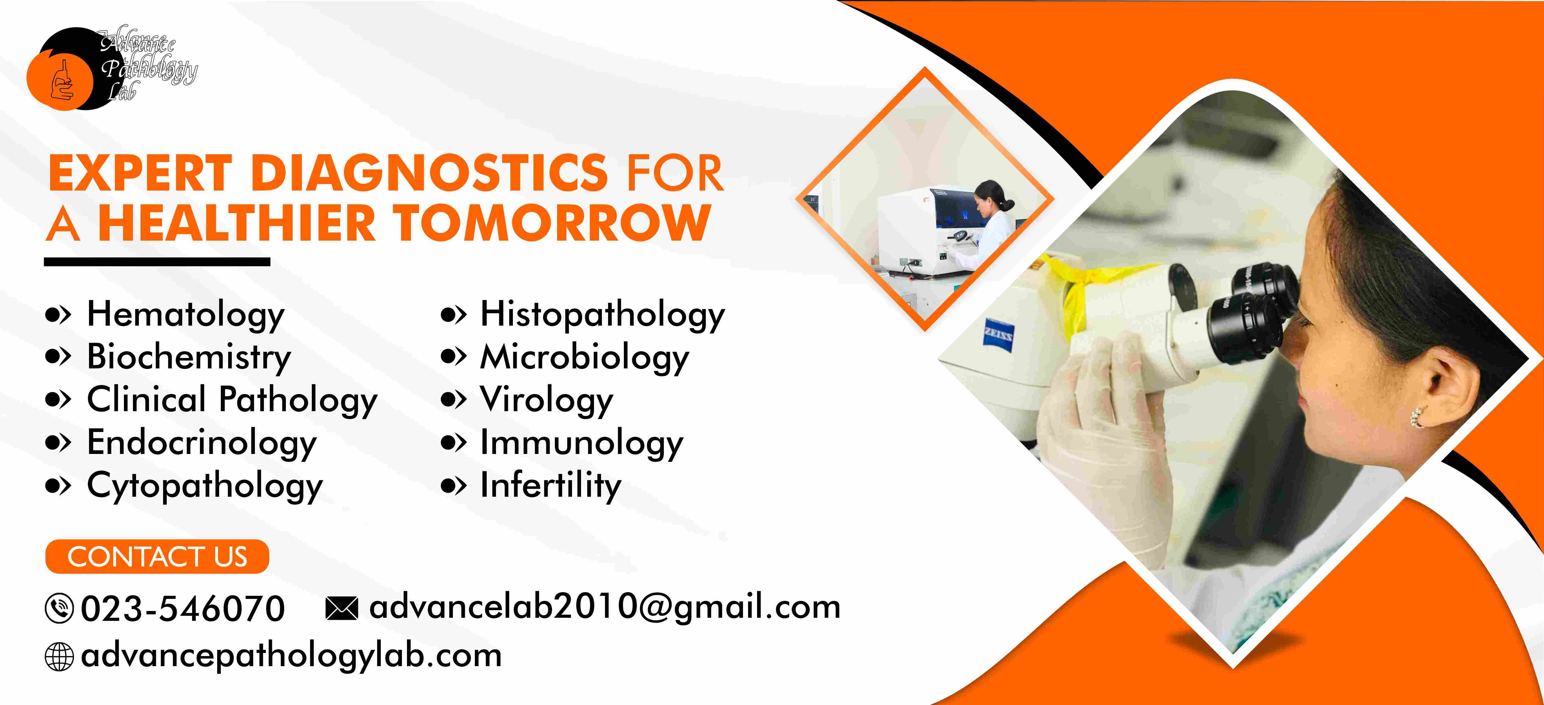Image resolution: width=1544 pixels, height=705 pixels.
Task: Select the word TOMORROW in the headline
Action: [551, 223]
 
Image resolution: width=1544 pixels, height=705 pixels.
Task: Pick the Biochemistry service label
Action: [189, 358]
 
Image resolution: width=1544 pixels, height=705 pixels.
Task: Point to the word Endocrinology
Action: [202, 443]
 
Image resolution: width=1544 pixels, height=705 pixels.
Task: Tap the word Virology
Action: [547, 400]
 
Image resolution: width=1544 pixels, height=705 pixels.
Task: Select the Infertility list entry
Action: [550, 486]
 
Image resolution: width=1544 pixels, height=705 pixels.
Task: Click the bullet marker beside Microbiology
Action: [453, 357]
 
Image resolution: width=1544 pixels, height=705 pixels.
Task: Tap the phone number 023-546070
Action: [183, 608]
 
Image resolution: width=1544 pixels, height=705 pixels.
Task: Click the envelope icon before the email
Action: [342, 608]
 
